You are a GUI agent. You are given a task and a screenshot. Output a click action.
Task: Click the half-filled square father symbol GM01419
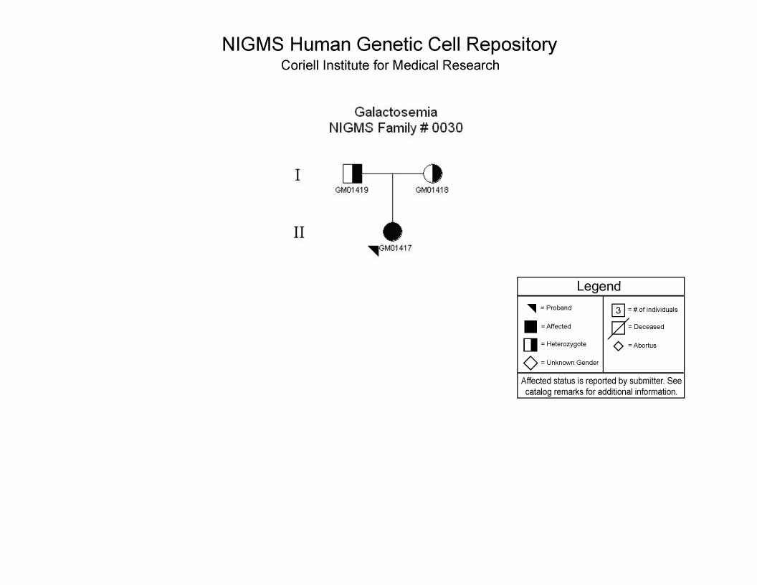pyautogui.click(x=353, y=173)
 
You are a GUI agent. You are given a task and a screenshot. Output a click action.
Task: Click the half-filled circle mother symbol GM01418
pyautogui.click(x=432, y=173)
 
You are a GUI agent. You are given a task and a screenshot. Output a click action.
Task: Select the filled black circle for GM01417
pyautogui.click(x=393, y=232)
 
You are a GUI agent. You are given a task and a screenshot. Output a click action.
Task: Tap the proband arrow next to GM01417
pyautogui.click(x=373, y=250)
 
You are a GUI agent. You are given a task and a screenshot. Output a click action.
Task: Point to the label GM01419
pyautogui.click(x=351, y=190)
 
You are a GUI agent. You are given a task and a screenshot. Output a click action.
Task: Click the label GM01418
pyautogui.click(x=432, y=190)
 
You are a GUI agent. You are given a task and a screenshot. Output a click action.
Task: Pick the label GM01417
pyautogui.click(x=396, y=248)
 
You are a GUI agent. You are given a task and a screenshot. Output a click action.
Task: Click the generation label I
pyautogui.click(x=297, y=175)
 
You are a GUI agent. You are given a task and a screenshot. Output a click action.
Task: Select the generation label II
pyautogui.click(x=299, y=233)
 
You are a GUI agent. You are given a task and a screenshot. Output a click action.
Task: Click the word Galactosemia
pyautogui.click(x=396, y=112)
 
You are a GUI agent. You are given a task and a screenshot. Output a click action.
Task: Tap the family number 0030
pyautogui.click(x=447, y=128)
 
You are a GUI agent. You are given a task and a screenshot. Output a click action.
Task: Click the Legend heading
pyautogui.click(x=599, y=286)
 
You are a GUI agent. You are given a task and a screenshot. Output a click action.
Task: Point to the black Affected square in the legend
pyautogui.click(x=530, y=327)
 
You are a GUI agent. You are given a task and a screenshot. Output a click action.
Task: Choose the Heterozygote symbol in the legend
pyautogui.click(x=530, y=345)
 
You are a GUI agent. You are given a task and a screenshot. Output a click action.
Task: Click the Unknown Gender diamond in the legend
pyautogui.click(x=530, y=363)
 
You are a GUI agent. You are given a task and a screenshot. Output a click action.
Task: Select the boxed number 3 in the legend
pyautogui.click(x=619, y=310)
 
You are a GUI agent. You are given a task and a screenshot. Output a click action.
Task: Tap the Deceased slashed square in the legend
pyautogui.click(x=619, y=328)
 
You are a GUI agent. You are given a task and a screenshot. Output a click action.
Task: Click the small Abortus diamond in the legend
pyautogui.click(x=619, y=346)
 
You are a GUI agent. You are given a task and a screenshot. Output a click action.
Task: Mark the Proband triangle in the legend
pyautogui.click(x=532, y=308)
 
